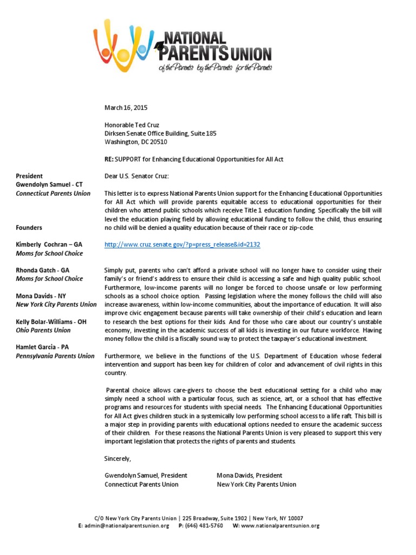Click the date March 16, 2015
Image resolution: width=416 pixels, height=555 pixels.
[x=126, y=107]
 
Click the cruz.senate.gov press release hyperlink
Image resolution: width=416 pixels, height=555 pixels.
[x=182, y=244]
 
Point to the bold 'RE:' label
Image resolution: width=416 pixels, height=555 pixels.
[x=110, y=159]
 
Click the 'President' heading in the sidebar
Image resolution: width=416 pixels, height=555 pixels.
[x=30, y=176]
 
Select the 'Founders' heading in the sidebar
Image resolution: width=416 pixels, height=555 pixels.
[x=29, y=228]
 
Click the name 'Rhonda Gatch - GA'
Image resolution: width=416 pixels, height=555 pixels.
[x=43, y=270]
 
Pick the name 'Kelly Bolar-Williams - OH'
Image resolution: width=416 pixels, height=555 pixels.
[x=51, y=321]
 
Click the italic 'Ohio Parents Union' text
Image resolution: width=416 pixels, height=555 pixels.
[x=43, y=330]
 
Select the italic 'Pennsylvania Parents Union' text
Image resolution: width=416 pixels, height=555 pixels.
[x=55, y=356]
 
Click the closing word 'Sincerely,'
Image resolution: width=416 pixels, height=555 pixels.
[x=118, y=459]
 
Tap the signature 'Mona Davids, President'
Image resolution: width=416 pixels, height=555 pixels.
[x=249, y=476]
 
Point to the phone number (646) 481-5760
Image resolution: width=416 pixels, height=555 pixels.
[x=204, y=526]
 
